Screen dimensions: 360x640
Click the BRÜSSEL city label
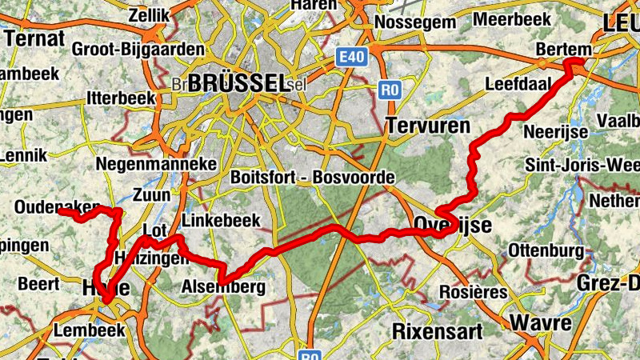pyautogui.click(x=238, y=82)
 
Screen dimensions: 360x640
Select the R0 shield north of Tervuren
pyautogui.click(x=390, y=90)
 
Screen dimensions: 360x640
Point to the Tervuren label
pyautogui.click(x=424, y=124)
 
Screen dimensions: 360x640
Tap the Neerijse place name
pyautogui.click(x=555, y=130)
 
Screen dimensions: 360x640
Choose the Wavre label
pyautogui.click(x=542, y=323)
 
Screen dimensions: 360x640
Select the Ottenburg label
pyautogui.click(x=542, y=247)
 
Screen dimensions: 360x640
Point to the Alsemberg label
pyautogui.click(x=223, y=287)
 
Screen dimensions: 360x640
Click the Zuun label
pyautogui.click(x=152, y=194)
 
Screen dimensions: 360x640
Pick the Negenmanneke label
pyautogui.click(x=156, y=164)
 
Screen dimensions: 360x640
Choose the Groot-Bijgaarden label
pyautogui.click(x=138, y=49)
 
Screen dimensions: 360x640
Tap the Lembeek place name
pyautogui.click(x=90, y=330)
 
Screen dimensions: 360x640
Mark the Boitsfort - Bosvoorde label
pyautogui.click(x=313, y=177)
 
